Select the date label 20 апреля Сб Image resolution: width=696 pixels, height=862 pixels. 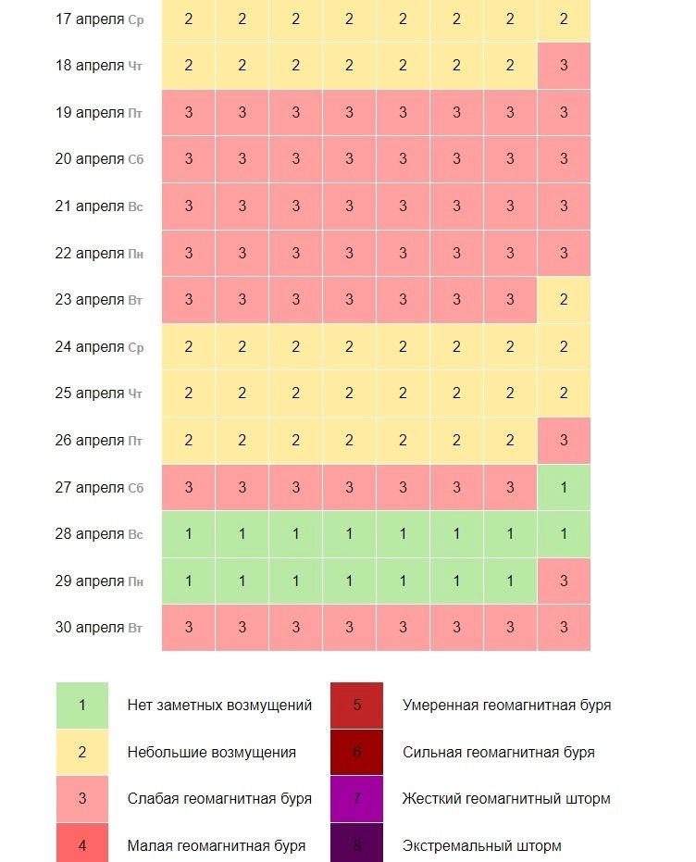click(99, 158)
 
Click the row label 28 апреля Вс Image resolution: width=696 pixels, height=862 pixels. click(99, 534)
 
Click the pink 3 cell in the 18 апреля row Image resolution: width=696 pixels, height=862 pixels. click(564, 66)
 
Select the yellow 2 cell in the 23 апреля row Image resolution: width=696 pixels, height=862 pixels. click(564, 300)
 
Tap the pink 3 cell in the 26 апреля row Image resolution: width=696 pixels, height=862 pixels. click(564, 441)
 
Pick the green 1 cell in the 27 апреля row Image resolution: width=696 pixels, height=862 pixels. click(564, 488)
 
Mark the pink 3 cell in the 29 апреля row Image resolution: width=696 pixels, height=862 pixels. click(564, 581)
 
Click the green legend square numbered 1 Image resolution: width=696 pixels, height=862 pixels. click(81, 706)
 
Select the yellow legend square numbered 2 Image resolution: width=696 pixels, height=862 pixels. click(81, 752)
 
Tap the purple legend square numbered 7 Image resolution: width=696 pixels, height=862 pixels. click(357, 798)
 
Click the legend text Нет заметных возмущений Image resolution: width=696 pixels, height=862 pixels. click(219, 706)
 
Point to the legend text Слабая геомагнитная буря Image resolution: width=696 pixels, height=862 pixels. click(219, 798)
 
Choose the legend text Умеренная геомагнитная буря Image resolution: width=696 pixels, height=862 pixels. click(506, 706)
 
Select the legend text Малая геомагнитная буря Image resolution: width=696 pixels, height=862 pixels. click(216, 845)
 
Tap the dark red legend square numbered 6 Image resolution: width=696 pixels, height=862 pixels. click(357, 752)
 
